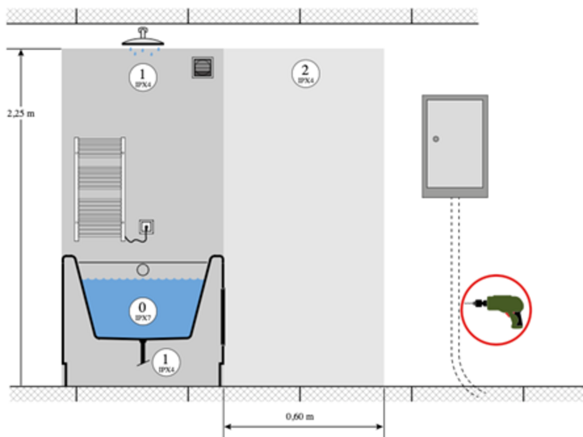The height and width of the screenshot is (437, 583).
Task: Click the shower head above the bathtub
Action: tap(143, 39)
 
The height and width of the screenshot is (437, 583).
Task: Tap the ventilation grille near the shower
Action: tap(203, 67)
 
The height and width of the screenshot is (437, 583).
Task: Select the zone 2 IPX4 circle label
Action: tap(306, 74)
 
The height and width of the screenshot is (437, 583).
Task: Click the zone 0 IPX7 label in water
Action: tap(143, 311)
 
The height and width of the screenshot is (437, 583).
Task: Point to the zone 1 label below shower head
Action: tap(143, 77)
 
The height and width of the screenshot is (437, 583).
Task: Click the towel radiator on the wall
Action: tap(100, 188)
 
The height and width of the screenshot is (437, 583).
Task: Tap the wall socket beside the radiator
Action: tap(146, 226)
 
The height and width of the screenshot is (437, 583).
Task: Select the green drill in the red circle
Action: tap(501, 310)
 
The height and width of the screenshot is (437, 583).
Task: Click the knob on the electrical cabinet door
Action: tap(436, 139)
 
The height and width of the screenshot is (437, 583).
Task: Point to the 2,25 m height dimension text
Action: tap(21, 113)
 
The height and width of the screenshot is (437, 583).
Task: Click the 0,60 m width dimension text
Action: tap(300, 417)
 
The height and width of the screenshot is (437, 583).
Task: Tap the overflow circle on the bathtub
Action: tap(143, 269)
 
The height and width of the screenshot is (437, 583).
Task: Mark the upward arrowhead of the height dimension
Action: tap(21, 53)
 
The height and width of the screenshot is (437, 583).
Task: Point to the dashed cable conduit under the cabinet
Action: tap(455, 273)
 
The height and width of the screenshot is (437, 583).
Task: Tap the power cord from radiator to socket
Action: tap(136, 239)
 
